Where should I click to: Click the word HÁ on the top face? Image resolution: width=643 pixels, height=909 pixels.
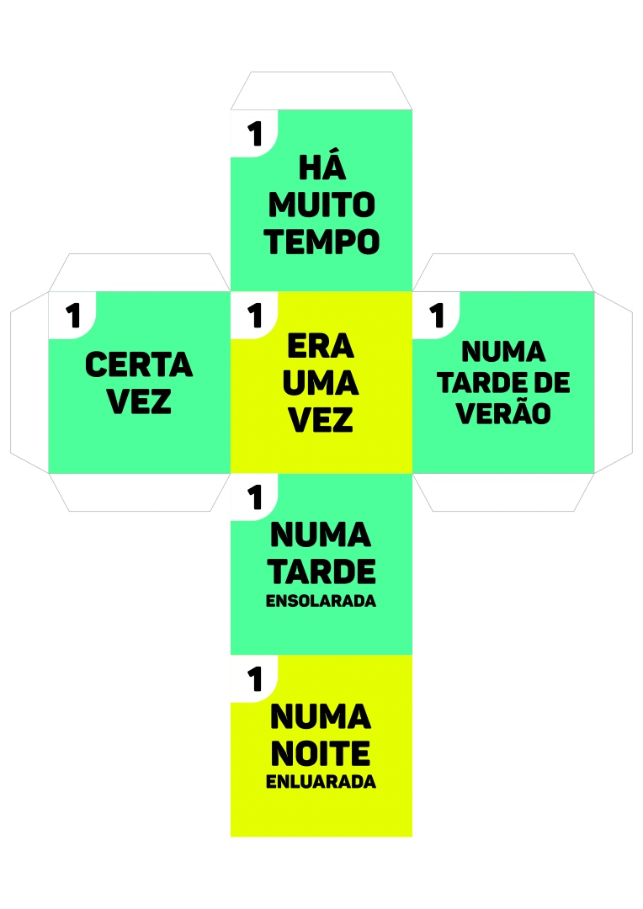[x=322, y=168]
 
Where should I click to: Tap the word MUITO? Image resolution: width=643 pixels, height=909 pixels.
[x=321, y=205]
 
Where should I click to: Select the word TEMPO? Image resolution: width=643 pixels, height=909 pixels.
[x=321, y=242]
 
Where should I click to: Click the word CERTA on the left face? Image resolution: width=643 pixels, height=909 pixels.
[x=139, y=365]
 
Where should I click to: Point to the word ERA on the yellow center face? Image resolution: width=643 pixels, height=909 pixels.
[x=321, y=346]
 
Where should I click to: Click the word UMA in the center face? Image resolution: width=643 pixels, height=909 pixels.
[x=321, y=383]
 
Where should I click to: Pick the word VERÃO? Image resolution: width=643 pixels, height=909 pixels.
[x=503, y=414]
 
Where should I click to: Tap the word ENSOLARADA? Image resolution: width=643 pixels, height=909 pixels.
[x=321, y=602]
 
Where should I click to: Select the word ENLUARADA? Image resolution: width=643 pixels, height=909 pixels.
[x=321, y=782]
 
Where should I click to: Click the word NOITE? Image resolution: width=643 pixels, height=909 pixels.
[x=321, y=752]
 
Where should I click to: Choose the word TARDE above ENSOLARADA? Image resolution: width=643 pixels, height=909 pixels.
[x=321, y=571]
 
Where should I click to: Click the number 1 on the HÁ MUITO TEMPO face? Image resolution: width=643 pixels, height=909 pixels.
[x=254, y=134]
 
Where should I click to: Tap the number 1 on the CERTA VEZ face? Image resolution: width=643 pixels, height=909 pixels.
[x=73, y=316]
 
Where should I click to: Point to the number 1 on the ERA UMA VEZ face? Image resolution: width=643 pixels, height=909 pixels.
[x=254, y=316]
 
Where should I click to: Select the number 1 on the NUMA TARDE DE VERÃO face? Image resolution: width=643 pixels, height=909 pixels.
[x=436, y=316]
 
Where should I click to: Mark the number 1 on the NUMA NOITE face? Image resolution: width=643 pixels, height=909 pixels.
[x=254, y=678]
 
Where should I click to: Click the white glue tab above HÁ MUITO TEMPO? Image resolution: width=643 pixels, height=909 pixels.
[x=321, y=91]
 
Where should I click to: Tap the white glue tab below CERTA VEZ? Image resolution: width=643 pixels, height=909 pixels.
[x=139, y=492]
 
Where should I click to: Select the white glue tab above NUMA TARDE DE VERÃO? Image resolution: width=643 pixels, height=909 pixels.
[x=503, y=273]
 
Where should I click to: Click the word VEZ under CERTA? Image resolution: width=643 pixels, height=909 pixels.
[x=139, y=402]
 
